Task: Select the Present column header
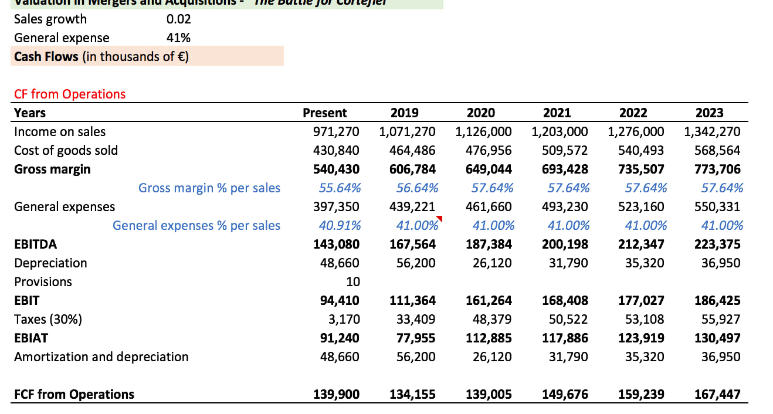click(324, 113)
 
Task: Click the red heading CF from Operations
click(69, 94)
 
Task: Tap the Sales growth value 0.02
click(178, 19)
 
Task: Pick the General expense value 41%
click(178, 38)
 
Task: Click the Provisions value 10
click(352, 281)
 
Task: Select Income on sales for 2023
click(712, 131)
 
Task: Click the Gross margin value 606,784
click(412, 169)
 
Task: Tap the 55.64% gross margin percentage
click(340, 188)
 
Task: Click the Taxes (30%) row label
click(48, 319)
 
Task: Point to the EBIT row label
click(27, 300)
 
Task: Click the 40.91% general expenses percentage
click(340, 225)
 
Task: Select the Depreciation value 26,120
click(492, 263)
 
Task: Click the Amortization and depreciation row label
click(101, 357)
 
